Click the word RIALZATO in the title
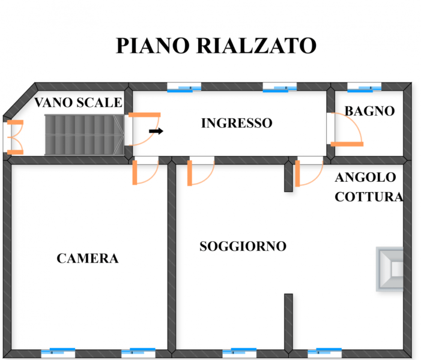255,46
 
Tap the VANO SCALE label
78,103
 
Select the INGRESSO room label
237,124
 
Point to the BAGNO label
369,111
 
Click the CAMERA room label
88,259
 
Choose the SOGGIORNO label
243,246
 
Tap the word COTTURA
368,196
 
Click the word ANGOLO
365,178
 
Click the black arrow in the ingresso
156,130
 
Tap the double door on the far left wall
14,137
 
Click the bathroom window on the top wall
365,89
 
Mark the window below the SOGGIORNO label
238,352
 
